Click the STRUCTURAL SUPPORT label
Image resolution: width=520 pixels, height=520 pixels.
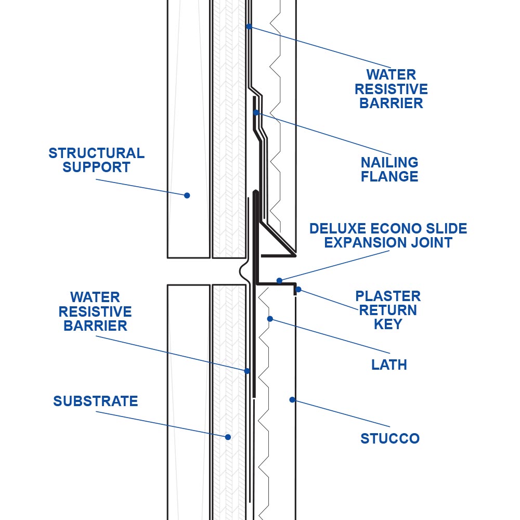click(96, 160)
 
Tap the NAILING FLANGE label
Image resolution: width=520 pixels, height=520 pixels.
click(389, 170)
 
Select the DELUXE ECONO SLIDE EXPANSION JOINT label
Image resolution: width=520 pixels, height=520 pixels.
click(388, 236)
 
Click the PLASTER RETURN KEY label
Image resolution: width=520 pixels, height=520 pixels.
click(388, 310)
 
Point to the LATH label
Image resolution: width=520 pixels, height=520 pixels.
click(389, 365)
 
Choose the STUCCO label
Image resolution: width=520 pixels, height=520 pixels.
click(390, 438)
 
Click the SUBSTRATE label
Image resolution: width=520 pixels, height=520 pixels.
click(96, 401)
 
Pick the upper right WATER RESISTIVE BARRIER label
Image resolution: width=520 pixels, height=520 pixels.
click(391, 89)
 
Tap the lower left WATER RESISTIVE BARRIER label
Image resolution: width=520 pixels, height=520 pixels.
click(95, 311)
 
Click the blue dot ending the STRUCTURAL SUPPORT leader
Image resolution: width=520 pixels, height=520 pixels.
click(187, 196)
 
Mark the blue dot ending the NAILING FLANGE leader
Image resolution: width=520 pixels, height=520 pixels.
click(256, 112)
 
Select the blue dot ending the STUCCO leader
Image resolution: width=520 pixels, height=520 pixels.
click(292, 400)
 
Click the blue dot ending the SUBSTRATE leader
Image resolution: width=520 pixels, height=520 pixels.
click(228, 437)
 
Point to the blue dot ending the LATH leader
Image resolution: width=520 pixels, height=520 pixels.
click(269, 318)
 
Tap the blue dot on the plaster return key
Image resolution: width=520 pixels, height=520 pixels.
click(298, 289)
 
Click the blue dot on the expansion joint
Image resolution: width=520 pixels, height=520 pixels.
click(279, 281)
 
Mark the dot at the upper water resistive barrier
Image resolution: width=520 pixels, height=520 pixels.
click(249, 26)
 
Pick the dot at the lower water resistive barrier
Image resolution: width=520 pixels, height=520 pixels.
click(248, 371)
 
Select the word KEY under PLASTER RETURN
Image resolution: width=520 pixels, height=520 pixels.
click(388, 324)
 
